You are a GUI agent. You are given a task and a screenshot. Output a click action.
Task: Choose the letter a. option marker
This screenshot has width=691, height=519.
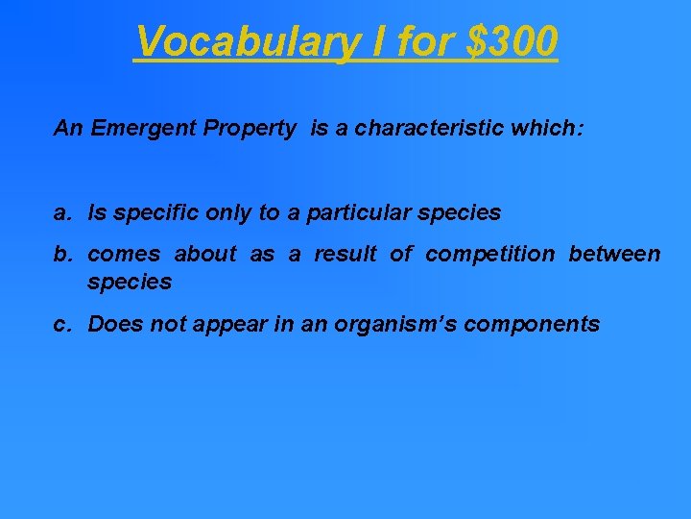63,213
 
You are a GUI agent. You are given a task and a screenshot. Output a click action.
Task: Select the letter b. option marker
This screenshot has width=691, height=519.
64,255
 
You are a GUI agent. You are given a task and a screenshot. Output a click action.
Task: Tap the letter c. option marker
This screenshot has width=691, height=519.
63,325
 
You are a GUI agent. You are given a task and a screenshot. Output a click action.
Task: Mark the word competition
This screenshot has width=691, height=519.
489,255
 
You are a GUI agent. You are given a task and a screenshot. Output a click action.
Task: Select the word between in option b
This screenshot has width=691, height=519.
614,255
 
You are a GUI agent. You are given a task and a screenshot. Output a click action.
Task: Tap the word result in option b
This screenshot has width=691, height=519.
345,255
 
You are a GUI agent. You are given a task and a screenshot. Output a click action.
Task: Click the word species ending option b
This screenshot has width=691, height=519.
130,283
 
